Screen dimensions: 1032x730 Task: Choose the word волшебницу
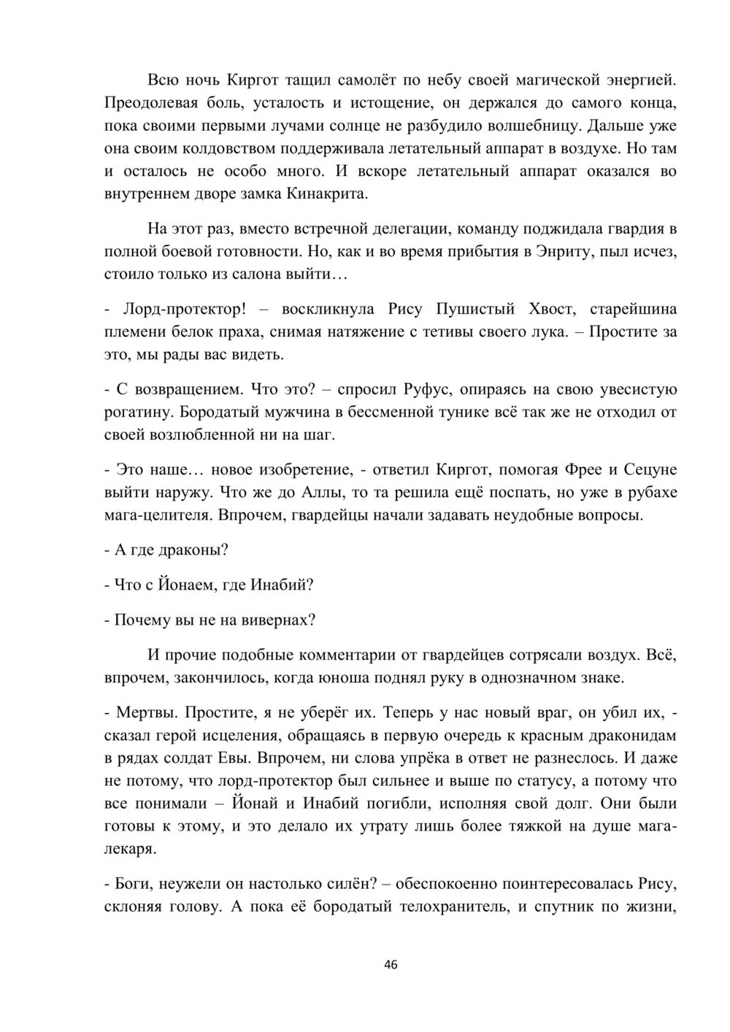click(530, 125)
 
